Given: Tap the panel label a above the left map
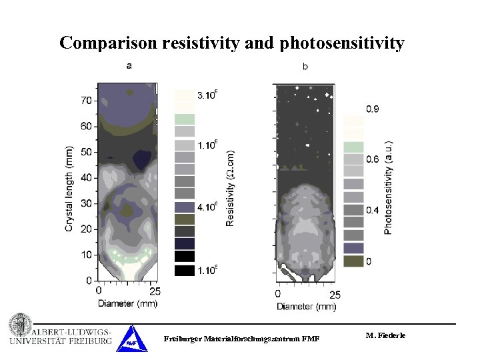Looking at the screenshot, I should (x=129, y=65).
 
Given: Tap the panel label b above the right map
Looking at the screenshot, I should (x=305, y=66).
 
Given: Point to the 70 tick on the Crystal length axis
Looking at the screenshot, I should (x=87, y=101).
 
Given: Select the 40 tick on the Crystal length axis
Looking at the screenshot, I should (x=87, y=178).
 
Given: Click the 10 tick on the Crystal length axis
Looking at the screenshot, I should (x=87, y=255).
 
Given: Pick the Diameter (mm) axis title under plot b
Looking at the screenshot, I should (x=307, y=307).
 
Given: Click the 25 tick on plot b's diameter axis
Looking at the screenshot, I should (x=335, y=295).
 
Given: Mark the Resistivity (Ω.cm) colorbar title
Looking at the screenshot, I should (x=231, y=187).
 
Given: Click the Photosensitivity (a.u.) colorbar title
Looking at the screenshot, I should (x=389, y=187).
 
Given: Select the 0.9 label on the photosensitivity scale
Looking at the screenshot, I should (x=373, y=109).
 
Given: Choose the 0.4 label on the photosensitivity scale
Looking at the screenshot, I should (x=373, y=211).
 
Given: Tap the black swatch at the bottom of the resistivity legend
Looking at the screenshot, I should (x=185, y=270).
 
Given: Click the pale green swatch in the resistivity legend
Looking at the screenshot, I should (x=185, y=119).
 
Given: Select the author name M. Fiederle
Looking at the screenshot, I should (x=385, y=335).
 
